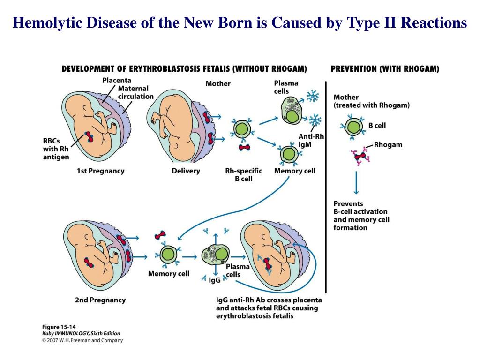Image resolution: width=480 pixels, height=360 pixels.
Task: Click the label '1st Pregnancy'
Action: click(x=100, y=171)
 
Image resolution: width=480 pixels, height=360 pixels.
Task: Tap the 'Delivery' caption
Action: click(x=186, y=171)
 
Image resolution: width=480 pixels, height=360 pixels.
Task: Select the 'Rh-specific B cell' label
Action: click(x=244, y=175)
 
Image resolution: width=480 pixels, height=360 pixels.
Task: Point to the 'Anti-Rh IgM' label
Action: click(x=311, y=140)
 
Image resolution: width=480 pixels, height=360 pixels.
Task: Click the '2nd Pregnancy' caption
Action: click(x=100, y=300)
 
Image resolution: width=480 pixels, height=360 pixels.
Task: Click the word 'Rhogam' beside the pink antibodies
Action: click(x=388, y=144)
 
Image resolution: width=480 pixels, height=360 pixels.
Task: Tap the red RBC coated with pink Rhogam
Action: click(x=361, y=156)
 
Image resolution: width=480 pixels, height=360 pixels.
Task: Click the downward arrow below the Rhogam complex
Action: click(x=356, y=182)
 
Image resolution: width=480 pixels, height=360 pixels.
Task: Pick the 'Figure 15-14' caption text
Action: click(x=59, y=327)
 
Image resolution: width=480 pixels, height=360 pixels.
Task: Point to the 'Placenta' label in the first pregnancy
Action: click(x=117, y=80)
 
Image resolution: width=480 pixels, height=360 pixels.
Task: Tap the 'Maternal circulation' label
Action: click(x=136, y=92)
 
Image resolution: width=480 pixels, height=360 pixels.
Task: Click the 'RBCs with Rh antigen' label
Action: click(x=56, y=149)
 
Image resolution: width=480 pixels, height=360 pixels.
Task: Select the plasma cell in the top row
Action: click(x=292, y=111)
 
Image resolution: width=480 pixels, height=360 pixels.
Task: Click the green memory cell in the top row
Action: click(x=289, y=154)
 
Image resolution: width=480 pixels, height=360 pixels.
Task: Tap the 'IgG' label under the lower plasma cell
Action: click(x=215, y=280)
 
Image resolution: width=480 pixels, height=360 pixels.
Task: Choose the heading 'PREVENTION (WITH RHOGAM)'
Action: click(x=385, y=69)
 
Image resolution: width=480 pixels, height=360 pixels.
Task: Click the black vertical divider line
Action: click(x=326, y=187)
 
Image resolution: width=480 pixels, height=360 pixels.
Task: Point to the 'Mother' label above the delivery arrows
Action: click(x=218, y=83)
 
